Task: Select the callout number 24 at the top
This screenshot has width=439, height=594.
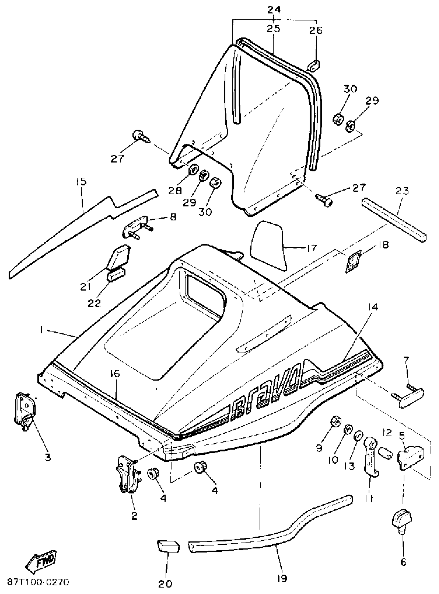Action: (x=274, y=10)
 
